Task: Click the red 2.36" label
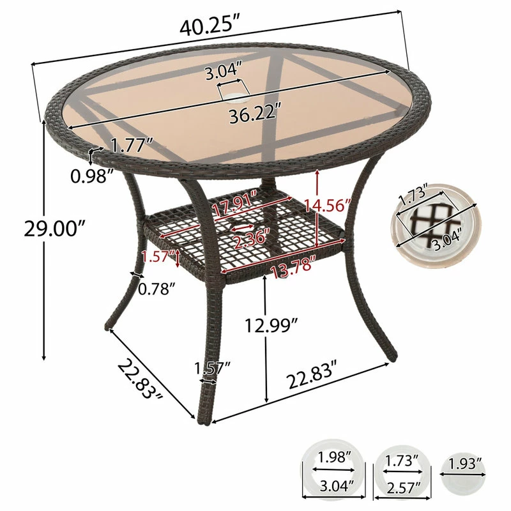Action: click(x=251, y=241)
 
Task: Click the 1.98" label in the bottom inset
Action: click(x=333, y=457)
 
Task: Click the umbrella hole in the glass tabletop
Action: click(x=231, y=98)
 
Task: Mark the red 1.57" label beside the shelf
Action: click(x=158, y=256)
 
